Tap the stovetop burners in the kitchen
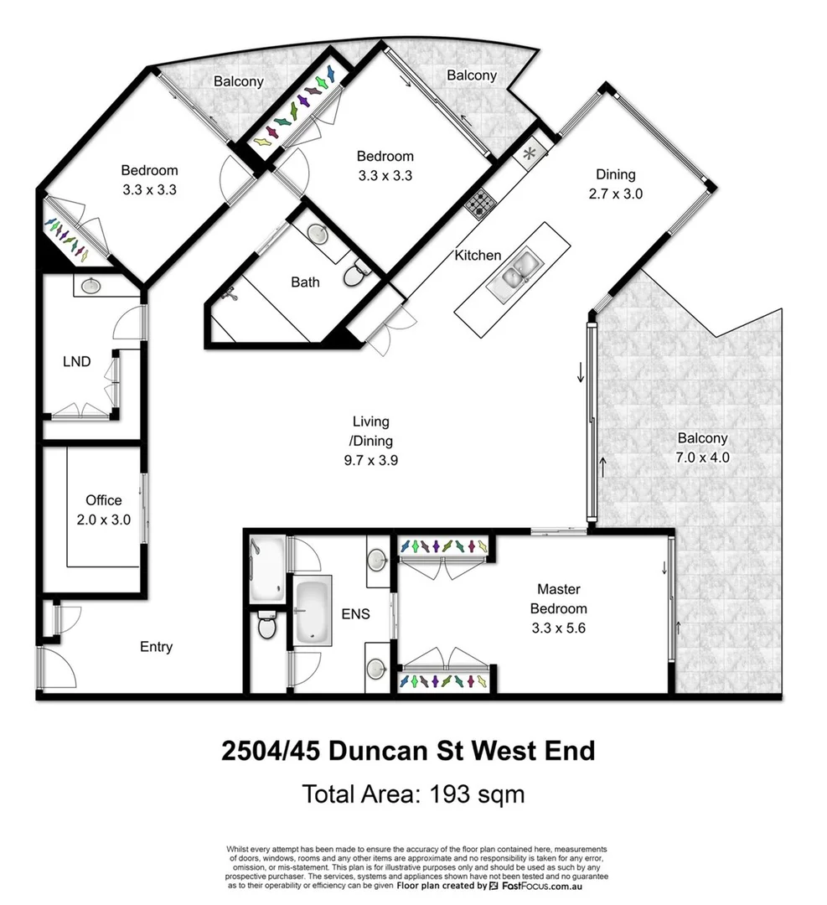pos(482,203)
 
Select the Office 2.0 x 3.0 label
pos(103,509)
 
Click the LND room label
pos(76,362)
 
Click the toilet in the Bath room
pos(356,273)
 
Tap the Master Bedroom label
pos(559,608)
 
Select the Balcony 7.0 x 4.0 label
pos(702,447)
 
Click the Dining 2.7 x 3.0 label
pos(615,184)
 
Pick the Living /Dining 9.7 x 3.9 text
pos(370,441)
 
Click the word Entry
pos(156,646)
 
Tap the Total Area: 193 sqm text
pos(413,793)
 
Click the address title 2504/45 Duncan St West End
pos(408,749)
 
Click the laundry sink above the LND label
pos(90,286)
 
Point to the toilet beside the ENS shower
pos(266,624)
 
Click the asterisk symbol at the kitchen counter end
pos(529,154)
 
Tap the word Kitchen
pos(478,255)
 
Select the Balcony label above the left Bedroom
pos(238,81)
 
